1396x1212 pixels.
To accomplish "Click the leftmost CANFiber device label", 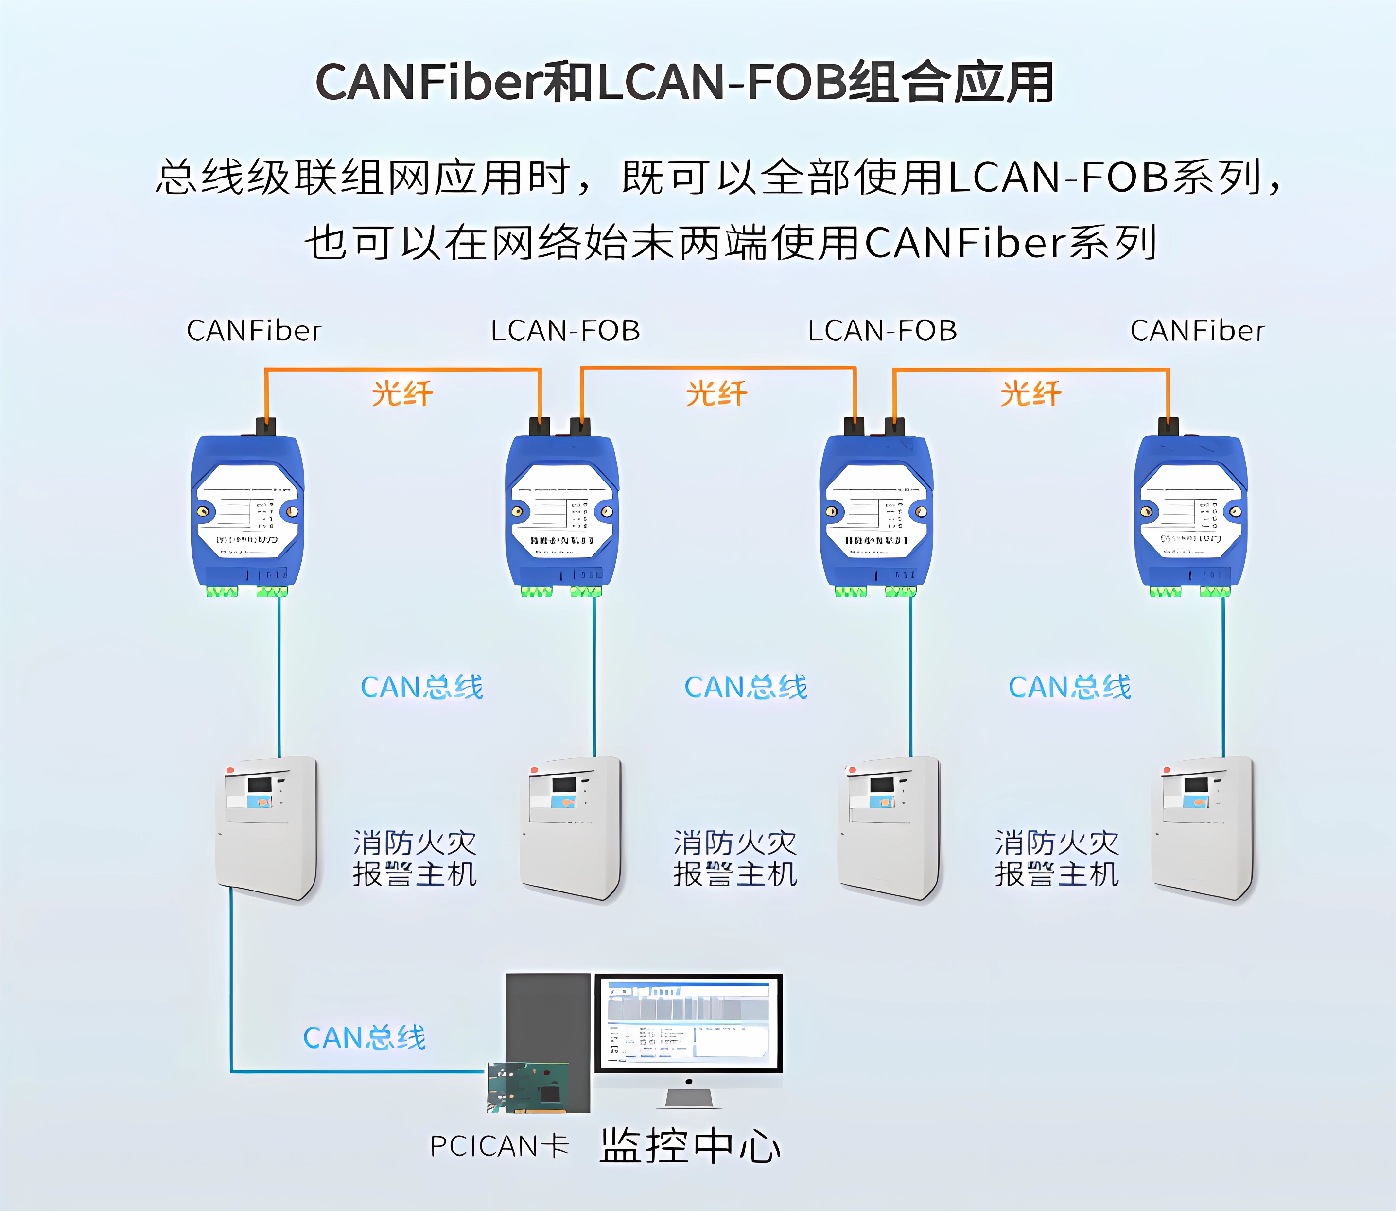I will [x=254, y=331].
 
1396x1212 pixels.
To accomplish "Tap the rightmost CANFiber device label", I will [x=1197, y=331].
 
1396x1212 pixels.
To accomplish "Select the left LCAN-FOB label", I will [x=565, y=331].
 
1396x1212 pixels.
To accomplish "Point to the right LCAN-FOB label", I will [x=882, y=331].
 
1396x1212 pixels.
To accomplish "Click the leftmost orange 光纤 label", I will [x=402, y=393].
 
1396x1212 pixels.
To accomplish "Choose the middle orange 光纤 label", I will [x=716, y=393].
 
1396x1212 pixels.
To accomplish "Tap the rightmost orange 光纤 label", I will [x=1031, y=393].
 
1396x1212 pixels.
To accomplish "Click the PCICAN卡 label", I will [x=500, y=1146].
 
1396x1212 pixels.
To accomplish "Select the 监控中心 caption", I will [x=690, y=1146].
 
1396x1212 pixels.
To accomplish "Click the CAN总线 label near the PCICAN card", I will [x=365, y=1037].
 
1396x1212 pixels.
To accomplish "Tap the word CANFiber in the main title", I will [x=429, y=83].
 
